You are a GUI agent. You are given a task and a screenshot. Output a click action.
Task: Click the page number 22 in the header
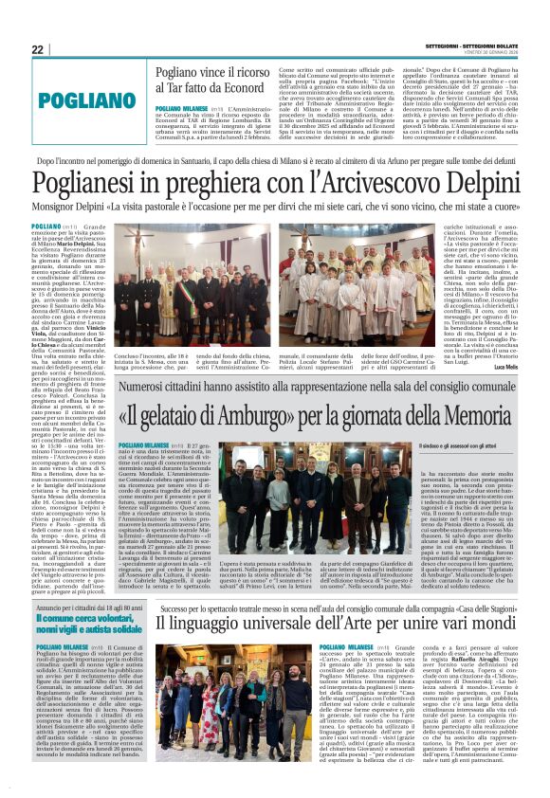38,49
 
